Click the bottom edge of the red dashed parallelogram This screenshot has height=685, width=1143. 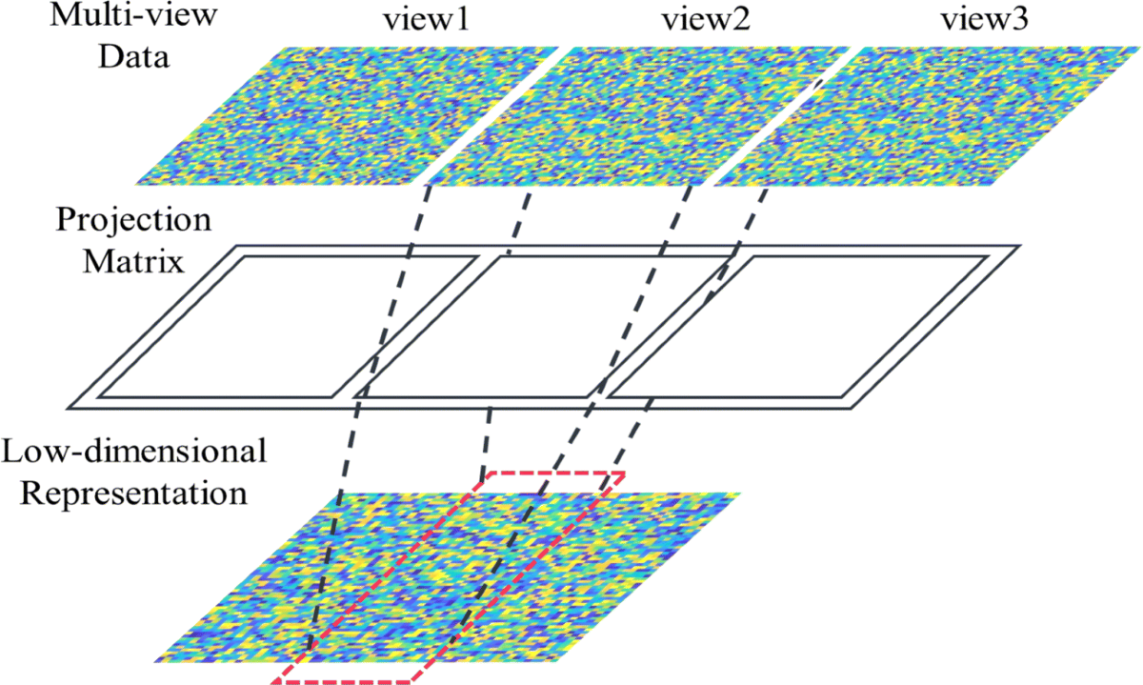coord(343,681)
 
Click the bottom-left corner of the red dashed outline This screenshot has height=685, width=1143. coord(274,681)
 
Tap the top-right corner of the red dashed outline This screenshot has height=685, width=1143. coord(624,473)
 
